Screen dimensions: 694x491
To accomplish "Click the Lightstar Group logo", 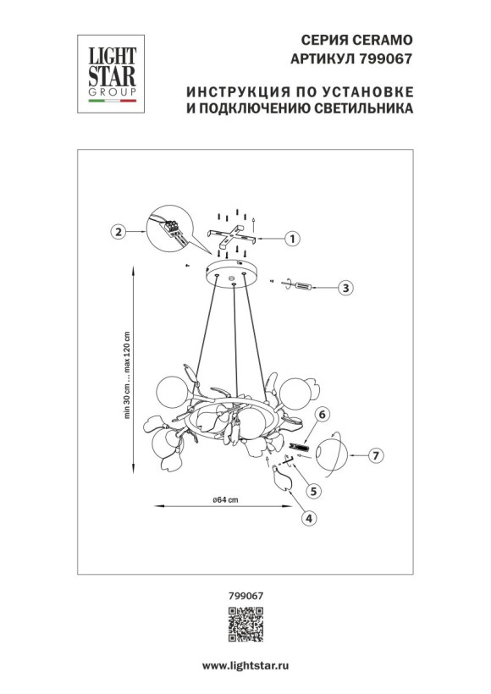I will tap(111, 71).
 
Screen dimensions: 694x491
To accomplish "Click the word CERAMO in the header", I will tap(386, 40).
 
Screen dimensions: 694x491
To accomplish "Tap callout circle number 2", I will tap(119, 230).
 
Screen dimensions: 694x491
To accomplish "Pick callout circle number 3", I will tap(345, 289).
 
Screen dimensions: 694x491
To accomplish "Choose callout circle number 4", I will tap(308, 518).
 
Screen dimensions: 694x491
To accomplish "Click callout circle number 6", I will tap(323, 415).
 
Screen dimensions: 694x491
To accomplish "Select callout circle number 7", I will tap(378, 455).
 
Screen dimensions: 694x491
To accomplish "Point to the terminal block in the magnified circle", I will tap(174, 228).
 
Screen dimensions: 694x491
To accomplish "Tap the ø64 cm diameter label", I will tap(225, 500).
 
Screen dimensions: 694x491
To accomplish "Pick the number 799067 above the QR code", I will tap(245, 597).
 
